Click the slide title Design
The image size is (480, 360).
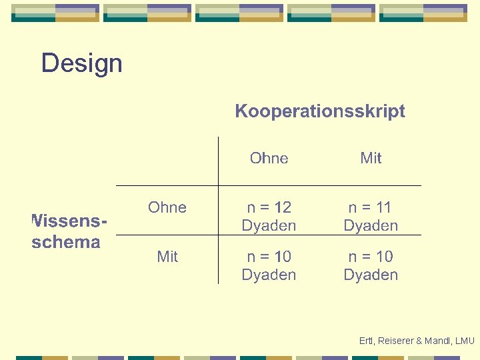click(81, 63)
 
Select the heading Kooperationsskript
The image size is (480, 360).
click(320, 111)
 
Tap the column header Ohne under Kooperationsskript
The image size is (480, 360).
click(269, 158)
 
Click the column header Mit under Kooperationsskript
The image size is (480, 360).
click(371, 158)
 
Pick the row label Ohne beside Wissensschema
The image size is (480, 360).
click(167, 207)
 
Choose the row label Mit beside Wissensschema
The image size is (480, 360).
click(167, 256)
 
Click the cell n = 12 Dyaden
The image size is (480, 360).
click(269, 217)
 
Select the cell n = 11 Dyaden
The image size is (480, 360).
click(371, 217)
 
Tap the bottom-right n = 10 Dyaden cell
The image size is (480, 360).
click(371, 265)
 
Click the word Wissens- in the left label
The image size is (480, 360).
click(70, 220)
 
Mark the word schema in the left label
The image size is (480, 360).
click(66, 241)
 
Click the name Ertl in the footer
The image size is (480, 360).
click(365, 341)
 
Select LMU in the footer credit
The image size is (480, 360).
click(464, 341)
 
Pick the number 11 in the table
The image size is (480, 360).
click(384, 207)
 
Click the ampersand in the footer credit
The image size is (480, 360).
click(419, 341)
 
